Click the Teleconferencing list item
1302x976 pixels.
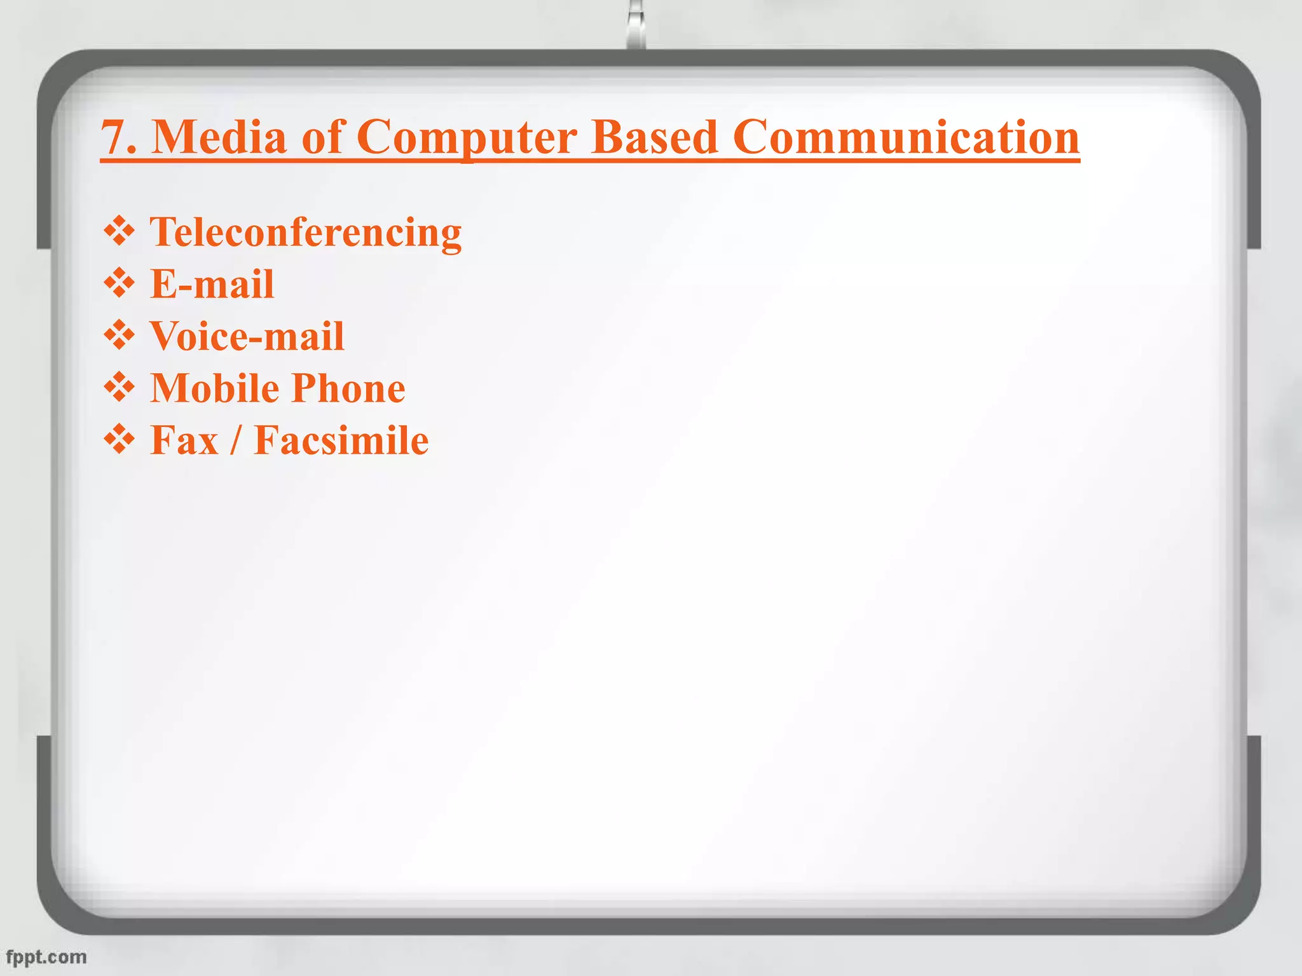(305, 233)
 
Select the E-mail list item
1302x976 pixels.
(212, 284)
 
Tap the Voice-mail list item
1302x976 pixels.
(247, 336)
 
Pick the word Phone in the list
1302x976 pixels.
(348, 388)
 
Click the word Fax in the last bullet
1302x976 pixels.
(184, 440)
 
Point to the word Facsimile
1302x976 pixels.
(341, 440)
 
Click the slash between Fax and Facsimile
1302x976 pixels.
(235, 440)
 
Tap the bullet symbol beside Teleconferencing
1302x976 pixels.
(120, 231)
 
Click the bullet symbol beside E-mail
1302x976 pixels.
(120, 283)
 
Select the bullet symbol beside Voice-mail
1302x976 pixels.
(120, 335)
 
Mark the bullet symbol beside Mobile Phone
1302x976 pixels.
(120, 387)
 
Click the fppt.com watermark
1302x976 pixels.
(46, 957)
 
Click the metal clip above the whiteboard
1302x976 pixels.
(636, 25)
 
